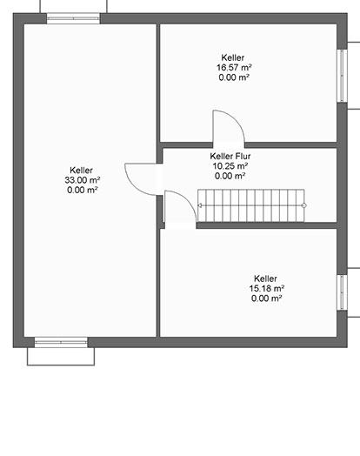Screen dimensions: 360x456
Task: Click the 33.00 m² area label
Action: [x=83, y=180]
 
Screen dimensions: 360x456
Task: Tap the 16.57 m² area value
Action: [x=234, y=68]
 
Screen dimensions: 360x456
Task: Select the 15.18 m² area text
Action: [x=267, y=289]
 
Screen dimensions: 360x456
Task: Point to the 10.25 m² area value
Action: [x=230, y=166]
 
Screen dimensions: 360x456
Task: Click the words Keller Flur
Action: [x=230, y=156]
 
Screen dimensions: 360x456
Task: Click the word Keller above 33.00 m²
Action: [x=82, y=170]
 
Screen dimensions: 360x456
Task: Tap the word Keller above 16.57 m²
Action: [x=233, y=57]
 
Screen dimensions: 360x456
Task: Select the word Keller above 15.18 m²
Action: [x=265, y=278]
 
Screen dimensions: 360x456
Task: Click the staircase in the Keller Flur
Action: [x=251, y=205]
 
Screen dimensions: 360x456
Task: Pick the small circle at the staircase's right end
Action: [x=304, y=205]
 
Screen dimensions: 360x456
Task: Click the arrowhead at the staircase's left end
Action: [x=200, y=205]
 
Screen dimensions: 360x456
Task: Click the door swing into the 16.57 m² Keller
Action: [x=236, y=118]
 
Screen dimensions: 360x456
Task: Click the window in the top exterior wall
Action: [x=73, y=18]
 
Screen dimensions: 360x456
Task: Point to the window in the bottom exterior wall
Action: [x=61, y=342]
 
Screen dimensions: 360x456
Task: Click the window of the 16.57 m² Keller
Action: [x=342, y=76]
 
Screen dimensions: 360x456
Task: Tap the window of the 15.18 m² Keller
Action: [x=342, y=292]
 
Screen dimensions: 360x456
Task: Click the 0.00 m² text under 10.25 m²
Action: [x=230, y=176]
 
